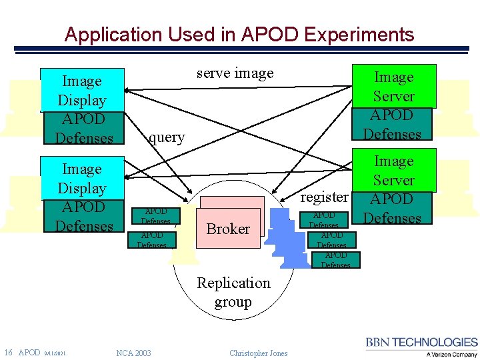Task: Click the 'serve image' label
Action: pyautogui.click(x=235, y=73)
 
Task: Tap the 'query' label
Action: pyautogui.click(x=167, y=137)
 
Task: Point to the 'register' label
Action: pyautogui.click(x=325, y=197)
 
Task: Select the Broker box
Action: pyautogui.click(x=228, y=229)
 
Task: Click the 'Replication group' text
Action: pyautogui.click(x=233, y=292)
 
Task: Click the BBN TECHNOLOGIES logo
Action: pyautogui.click(x=421, y=342)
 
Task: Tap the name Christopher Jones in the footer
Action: pyautogui.click(x=259, y=353)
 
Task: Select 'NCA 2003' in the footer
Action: pyautogui.click(x=133, y=353)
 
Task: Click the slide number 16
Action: pyautogui.click(x=9, y=353)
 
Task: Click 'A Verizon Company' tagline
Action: pyautogui.click(x=451, y=355)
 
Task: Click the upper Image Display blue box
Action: pyautogui.click(x=82, y=90)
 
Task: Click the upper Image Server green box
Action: pyautogui.click(x=393, y=86)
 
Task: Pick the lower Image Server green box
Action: pyautogui.click(x=393, y=170)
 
